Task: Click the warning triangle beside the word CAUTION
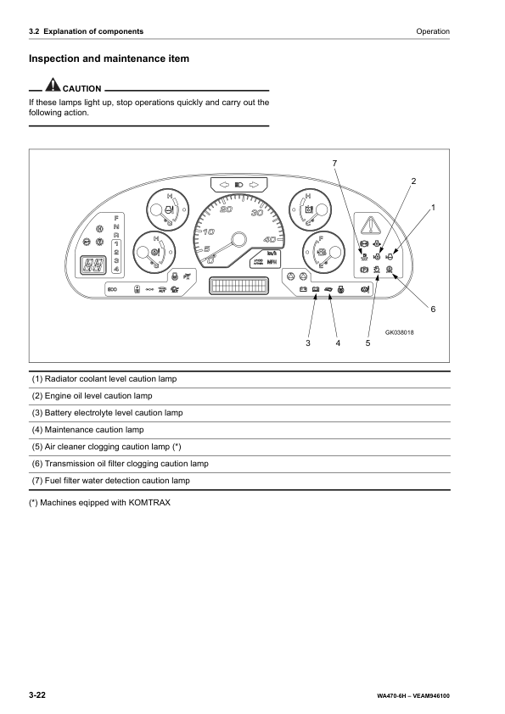coord(53,86)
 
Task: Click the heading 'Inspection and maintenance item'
coord(109,59)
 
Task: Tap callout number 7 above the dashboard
coord(334,162)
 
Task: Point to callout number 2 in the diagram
coord(413,181)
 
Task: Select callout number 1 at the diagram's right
coord(433,207)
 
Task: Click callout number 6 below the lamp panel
coord(432,309)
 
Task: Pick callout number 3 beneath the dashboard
coord(309,343)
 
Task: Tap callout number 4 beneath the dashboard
coord(338,343)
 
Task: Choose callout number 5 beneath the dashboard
coord(368,343)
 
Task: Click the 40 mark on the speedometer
coord(270,239)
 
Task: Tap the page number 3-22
coord(37,695)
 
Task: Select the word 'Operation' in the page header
coord(433,31)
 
